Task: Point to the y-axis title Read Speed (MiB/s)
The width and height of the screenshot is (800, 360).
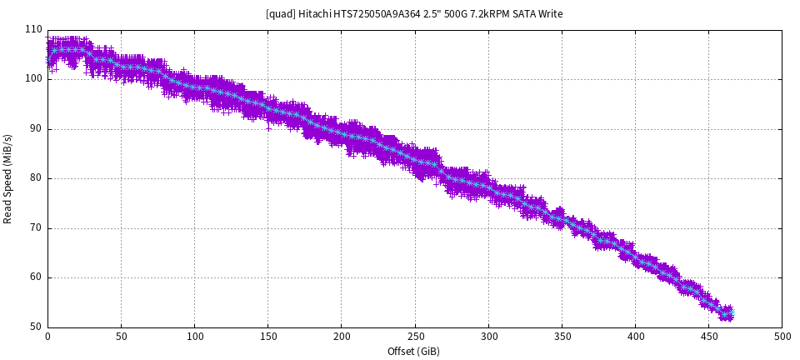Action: click(x=8, y=178)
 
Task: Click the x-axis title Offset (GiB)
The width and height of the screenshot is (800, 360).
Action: click(x=413, y=351)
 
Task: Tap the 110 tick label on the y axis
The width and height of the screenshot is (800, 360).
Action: click(x=33, y=29)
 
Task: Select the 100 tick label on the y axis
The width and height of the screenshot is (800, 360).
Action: click(x=33, y=79)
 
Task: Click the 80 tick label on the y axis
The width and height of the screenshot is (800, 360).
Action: click(x=36, y=178)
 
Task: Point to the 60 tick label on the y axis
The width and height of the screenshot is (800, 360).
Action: click(x=36, y=277)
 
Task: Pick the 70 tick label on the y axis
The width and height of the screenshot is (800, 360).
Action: click(x=36, y=227)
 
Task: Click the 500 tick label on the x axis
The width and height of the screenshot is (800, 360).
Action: click(x=782, y=337)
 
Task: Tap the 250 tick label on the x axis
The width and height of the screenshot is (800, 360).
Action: click(x=414, y=337)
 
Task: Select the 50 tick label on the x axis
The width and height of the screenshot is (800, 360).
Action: click(x=121, y=337)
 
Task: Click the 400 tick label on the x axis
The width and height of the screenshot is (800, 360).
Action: click(x=635, y=337)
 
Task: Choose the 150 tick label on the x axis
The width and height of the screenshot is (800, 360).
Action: click(x=267, y=337)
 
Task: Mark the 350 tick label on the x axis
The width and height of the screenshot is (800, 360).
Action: click(x=562, y=337)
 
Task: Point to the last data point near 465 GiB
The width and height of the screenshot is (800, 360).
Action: click(x=731, y=312)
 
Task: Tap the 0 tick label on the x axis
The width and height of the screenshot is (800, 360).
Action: click(x=47, y=337)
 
